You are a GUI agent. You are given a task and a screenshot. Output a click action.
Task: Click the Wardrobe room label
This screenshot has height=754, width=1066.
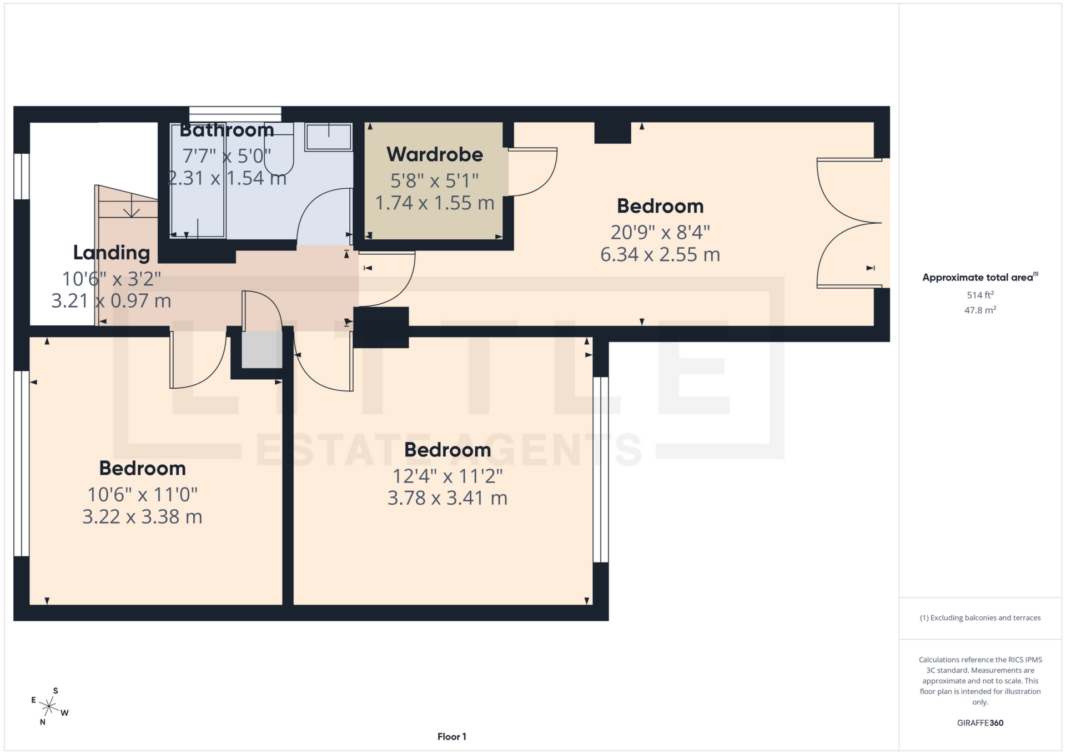(435, 154)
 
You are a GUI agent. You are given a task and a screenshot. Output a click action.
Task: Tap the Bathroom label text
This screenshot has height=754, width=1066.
(227, 130)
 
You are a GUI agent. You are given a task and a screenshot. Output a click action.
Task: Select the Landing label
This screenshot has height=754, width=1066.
(112, 253)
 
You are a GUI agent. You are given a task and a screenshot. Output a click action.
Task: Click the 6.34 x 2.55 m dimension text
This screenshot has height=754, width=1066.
(660, 255)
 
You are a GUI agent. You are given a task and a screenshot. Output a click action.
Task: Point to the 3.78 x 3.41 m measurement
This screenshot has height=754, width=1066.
(447, 498)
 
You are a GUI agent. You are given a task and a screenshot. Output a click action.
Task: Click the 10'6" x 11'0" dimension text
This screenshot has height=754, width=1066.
(143, 494)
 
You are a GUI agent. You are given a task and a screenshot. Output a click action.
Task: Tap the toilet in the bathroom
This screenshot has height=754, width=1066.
(279, 153)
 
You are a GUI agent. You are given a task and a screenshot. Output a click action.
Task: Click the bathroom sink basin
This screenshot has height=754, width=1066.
(329, 137)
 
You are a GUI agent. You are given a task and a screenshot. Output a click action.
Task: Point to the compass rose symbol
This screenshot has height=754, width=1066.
(49, 707)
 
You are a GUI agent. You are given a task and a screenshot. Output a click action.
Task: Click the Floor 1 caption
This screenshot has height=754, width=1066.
(451, 737)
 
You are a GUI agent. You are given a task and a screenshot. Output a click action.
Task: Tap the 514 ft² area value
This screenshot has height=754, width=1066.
(980, 295)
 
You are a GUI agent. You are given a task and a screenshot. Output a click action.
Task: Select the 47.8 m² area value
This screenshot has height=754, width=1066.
(980, 310)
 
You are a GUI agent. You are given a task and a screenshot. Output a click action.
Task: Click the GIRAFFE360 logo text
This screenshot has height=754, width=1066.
(980, 723)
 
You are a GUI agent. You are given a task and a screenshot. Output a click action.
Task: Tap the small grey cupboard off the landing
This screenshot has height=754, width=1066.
(262, 350)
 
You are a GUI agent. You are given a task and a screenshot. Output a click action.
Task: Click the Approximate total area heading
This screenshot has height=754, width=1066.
(980, 278)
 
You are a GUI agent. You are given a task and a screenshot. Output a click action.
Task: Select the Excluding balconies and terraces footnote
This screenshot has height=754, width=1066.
(980, 618)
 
